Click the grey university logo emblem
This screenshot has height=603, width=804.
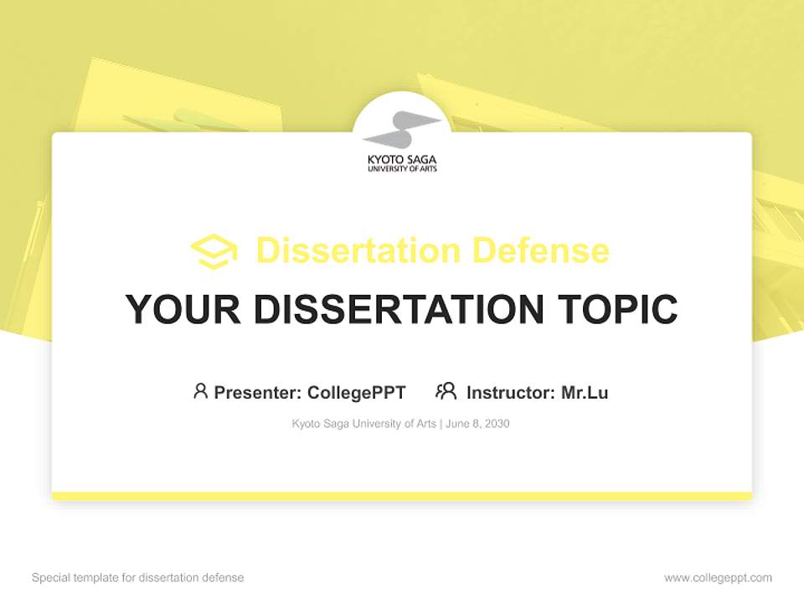(402, 129)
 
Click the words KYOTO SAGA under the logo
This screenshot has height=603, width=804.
(402, 159)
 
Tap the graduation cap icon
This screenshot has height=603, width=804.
(214, 251)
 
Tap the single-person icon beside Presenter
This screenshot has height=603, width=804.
(200, 391)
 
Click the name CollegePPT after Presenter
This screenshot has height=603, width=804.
(356, 393)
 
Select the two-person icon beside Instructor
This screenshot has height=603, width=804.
(446, 391)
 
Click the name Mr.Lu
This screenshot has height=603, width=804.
(585, 393)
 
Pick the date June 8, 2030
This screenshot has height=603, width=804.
(477, 424)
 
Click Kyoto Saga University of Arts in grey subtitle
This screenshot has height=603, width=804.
(363, 424)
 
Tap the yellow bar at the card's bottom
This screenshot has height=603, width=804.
(402, 496)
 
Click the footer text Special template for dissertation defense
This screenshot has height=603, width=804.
(138, 578)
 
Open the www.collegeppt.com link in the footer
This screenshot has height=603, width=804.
(718, 578)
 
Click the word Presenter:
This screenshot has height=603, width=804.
(258, 393)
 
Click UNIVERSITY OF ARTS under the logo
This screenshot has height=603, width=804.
(402, 169)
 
